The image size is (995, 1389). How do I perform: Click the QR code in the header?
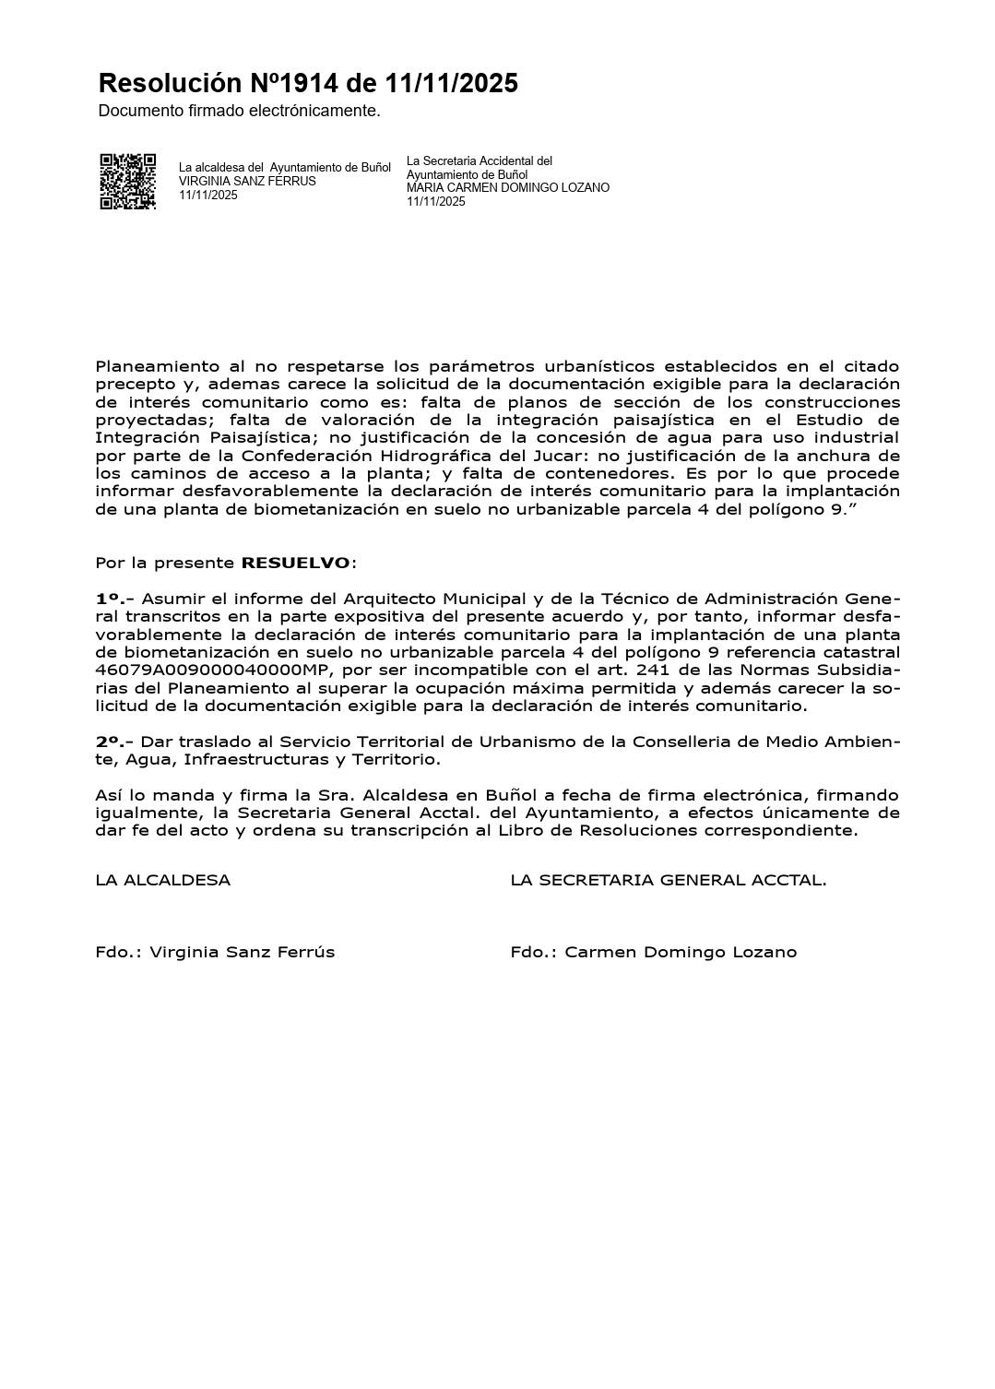(x=127, y=181)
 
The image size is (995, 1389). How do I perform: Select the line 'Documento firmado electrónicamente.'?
(x=239, y=111)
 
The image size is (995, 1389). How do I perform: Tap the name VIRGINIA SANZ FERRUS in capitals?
(x=247, y=182)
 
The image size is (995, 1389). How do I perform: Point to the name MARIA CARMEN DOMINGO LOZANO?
(x=508, y=188)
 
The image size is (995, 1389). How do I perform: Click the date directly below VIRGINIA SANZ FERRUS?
(x=207, y=196)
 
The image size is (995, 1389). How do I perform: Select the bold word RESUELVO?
(x=295, y=563)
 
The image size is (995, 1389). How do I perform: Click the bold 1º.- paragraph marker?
(x=114, y=599)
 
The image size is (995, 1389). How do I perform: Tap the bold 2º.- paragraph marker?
(x=114, y=742)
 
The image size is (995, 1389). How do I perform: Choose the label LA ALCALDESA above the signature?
(x=162, y=880)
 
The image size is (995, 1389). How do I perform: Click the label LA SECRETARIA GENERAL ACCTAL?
(x=668, y=880)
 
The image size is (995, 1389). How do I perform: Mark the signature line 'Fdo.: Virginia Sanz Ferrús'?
(x=215, y=952)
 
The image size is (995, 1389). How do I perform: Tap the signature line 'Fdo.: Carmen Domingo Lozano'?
(x=653, y=952)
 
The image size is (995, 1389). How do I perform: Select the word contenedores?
(x=614, y=473)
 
